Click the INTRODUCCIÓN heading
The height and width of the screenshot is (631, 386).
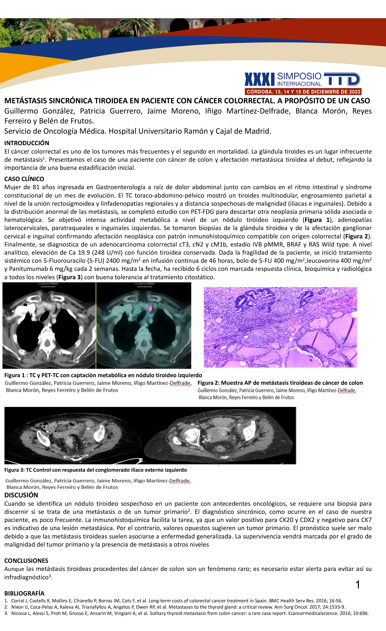[27, 143]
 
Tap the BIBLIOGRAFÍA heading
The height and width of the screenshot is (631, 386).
[24, 593]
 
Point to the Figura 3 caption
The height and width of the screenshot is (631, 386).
[96, 470]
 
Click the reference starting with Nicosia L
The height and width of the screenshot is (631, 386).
[190, 613]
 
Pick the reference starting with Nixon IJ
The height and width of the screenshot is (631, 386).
[178, 607]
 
